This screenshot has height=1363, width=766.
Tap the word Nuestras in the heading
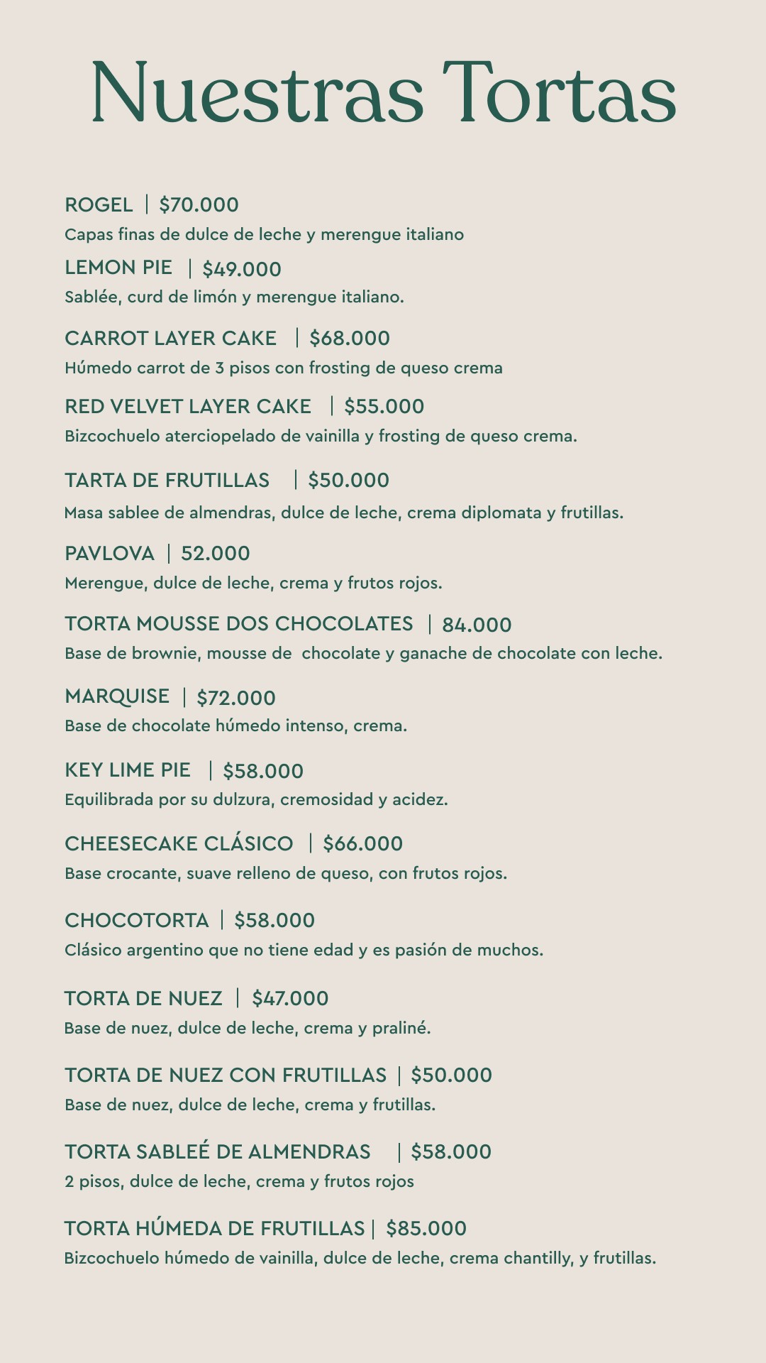pos(257,92)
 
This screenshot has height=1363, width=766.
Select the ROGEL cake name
pos(99,205)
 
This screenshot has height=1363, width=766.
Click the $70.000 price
pos(199,205)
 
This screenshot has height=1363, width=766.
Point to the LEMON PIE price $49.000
pos(242,269)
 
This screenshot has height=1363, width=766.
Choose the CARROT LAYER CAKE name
pos(170,339)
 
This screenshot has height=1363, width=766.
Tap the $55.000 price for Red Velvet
pos(384,407)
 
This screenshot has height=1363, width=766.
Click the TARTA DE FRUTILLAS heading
pos(167,481)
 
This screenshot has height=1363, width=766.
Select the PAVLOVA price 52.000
pos(216,554)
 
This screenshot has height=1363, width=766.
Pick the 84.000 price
pos(477,625)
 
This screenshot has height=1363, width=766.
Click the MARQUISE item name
pos(117,697)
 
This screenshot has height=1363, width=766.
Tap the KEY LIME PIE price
pos(263,772)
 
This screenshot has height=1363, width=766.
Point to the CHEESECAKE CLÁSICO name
pos(179,844)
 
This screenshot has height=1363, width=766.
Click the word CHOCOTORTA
pos(137,921)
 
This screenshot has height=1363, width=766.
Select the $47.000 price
pos(290,999)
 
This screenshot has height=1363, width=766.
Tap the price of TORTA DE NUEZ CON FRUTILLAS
pos(451,1075)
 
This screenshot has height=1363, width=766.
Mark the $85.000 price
pos(426,1229)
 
